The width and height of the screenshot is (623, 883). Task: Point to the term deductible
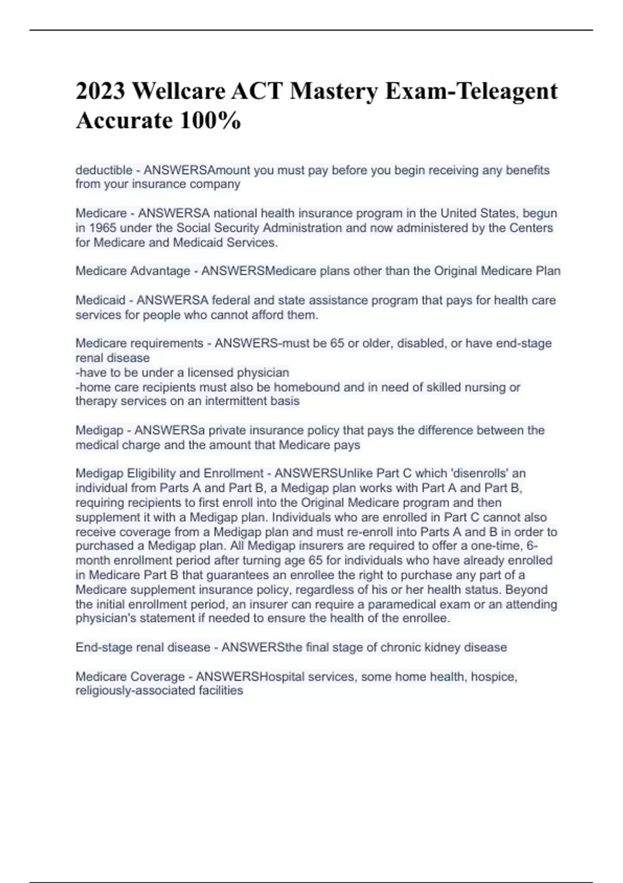(104, 170)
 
